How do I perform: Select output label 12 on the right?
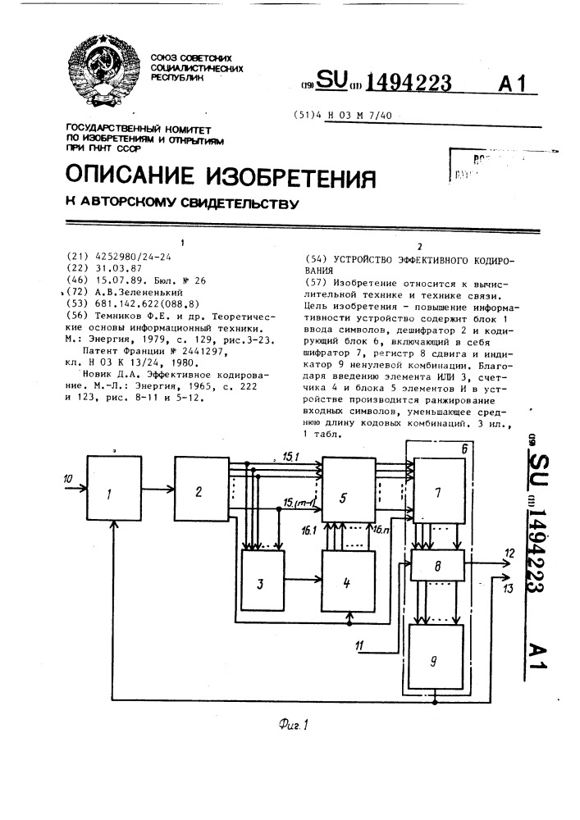pyautogui.click(x=509, y=555)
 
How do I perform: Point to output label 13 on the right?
pyautogui.click(x=509, y=585)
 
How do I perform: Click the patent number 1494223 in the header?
pyautogui.click(x=408, y=83)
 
